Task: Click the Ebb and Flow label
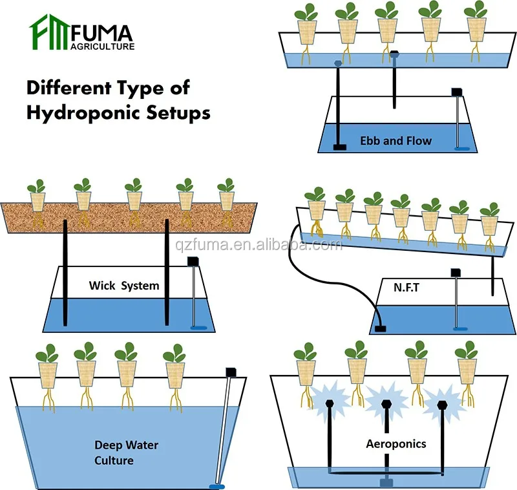(396, 140)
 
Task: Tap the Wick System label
(123, 285)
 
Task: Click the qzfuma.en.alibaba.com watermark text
(258, 245)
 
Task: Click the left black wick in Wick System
(65, 272)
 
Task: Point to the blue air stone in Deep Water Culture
(216, 484)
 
